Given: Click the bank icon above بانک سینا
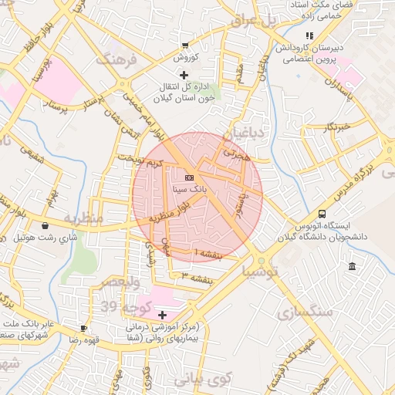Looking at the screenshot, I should [x=189, y=177].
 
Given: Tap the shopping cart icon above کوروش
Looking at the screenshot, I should [x=184, y=46].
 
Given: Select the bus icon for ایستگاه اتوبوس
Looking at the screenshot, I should [x=322, y=214].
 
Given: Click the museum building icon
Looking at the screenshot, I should [x=352, y=267].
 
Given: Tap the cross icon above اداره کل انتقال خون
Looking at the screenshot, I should [x=184, y=75].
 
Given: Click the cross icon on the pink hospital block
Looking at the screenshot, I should [x=162, y=315].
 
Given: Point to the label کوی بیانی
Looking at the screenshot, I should [x=203, y=380].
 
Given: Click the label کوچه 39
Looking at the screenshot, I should [x=121, y=307].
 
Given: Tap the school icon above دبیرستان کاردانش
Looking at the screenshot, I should [x=309, y=35].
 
